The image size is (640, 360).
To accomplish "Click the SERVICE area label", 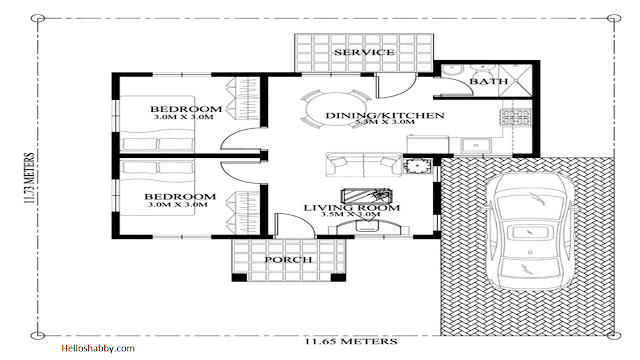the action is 364,52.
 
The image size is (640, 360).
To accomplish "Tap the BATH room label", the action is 489,81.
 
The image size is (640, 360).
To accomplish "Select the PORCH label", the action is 288,260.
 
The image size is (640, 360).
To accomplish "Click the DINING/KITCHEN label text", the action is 384,115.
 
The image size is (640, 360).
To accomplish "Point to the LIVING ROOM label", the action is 351,207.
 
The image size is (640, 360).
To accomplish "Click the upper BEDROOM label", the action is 186,109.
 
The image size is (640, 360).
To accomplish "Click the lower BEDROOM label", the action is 180,197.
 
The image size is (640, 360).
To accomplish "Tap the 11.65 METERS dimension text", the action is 351,341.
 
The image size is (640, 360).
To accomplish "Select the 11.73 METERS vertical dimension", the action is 29,178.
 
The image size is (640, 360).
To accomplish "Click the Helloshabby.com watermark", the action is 98,348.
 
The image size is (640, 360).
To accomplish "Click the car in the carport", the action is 531,231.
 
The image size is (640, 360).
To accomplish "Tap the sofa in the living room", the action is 363,164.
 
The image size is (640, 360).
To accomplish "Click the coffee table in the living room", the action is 367,196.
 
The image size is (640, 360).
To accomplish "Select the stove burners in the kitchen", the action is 516,117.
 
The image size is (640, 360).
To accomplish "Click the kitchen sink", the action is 476,145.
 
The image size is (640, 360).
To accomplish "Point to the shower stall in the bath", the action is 515,80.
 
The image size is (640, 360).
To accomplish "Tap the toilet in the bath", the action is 451,71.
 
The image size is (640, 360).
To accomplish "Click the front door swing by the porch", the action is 295,225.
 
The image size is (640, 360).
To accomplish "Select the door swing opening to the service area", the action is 396,86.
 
